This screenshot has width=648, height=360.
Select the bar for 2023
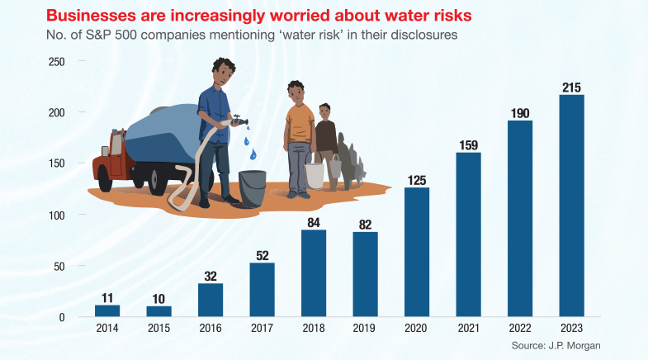tap(571, 206)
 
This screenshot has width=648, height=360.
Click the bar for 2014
tap(107, 311)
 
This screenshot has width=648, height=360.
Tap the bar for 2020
tap(417, 252)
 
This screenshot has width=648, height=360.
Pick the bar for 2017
tap(262, 290)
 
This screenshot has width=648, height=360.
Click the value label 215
tap(571, 87)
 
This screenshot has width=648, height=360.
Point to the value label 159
tap(468, 144)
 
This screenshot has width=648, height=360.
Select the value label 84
tap(314, 221)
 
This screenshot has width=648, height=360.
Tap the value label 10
tap(158, 298)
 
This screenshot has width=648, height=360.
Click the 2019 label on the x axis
tap(365, 329)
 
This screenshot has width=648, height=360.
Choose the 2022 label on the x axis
tap(520, 329)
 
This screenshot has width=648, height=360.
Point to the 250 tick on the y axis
tap(56, 61)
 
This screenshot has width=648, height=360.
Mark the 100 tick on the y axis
tap(56, 215)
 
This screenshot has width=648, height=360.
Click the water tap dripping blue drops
tap(239, 120)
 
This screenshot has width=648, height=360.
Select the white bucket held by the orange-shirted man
tap(315, 174)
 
